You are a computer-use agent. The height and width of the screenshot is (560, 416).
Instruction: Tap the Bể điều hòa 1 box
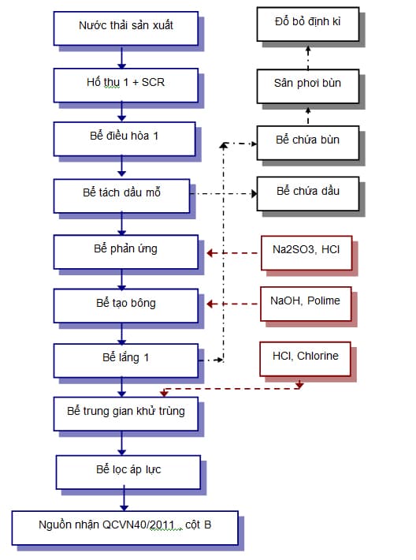124,137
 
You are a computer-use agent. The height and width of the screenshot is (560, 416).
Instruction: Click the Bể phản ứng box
125,250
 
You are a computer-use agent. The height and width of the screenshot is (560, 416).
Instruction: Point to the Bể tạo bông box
125,304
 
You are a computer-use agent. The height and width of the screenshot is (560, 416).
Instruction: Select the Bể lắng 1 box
125,359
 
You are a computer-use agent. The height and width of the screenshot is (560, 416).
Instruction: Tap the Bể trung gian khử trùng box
125,413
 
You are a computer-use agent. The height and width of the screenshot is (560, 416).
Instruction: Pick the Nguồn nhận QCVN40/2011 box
124,525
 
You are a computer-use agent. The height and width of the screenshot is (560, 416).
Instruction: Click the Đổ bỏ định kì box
307,25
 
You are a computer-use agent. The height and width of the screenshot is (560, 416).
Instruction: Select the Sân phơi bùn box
307,84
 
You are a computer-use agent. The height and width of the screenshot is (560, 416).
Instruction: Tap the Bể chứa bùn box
307,140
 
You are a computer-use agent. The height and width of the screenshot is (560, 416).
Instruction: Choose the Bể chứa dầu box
307,192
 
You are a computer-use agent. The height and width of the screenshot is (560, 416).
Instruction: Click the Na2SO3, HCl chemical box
306,252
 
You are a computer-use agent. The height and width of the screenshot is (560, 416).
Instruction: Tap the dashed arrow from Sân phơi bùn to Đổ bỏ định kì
307,55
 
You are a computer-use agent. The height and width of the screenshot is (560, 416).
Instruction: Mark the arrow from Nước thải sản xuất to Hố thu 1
121,56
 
